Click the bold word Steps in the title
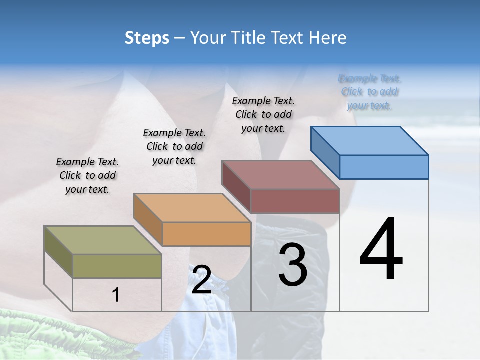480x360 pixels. pos(147,38)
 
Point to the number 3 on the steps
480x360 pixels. pos(293,264)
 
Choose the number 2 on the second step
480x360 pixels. pos(201,280)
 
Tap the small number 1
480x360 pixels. pos(115,295)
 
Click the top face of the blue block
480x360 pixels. pos(370,140)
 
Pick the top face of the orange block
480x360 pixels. pos(192,207)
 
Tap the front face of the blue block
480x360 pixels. pos(384,167)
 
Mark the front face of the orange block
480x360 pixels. pos(206,234)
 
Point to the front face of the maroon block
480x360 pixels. pos(295,201)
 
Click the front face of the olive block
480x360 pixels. pos(117,266)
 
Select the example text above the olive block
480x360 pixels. pos(87,175)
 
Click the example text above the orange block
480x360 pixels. pos(174,146)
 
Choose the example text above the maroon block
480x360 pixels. pos(263,114)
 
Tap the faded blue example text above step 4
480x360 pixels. pos(369,92)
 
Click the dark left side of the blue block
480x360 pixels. pos(325,151)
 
